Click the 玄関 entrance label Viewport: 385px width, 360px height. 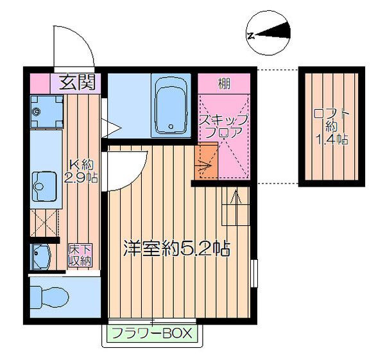coord(77,81)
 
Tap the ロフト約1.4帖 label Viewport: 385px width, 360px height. coord(331,126)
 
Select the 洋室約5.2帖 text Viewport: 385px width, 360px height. coord(176,248)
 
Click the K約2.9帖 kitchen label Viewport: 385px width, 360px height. coord(82,171)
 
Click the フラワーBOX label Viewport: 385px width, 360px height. coord(152,334)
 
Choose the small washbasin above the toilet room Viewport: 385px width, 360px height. coord(40,257)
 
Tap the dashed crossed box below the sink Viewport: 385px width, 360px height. coord(44,225)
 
